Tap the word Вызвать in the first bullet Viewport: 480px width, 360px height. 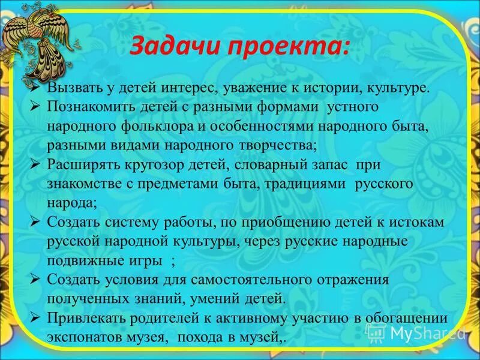[x=73, y=88]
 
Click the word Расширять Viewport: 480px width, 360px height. [x=81, y=164]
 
